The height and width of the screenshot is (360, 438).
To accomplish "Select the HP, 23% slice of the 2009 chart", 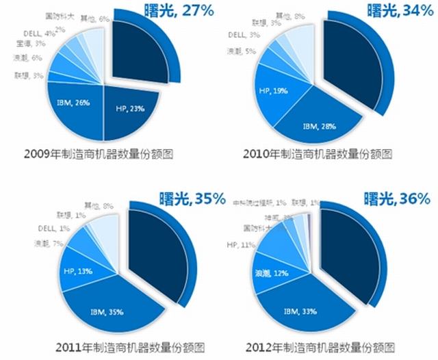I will click(x=130, y=110).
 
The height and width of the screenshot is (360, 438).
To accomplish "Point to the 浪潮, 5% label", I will click(x=237, y=51).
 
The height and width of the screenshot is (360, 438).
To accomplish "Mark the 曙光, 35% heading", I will click(x=191, y=199).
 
